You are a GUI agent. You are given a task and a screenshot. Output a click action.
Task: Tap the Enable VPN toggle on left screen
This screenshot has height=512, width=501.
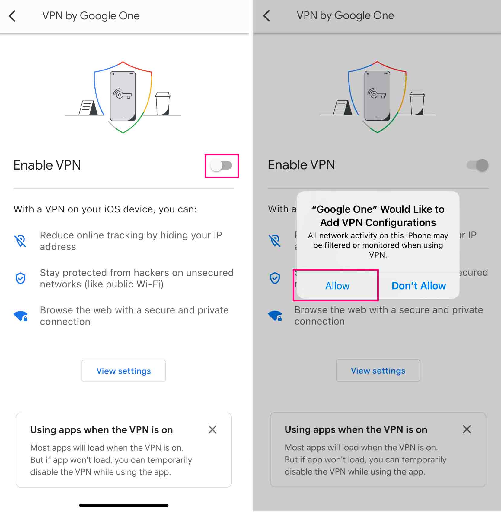[x=222, y=166]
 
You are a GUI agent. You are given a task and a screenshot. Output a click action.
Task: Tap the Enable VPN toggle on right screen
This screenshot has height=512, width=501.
[x=478, y=165]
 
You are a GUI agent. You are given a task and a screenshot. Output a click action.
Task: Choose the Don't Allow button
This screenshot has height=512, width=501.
[x=419, y=286]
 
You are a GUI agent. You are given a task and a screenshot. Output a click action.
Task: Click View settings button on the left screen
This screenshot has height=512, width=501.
[x=123, y=371]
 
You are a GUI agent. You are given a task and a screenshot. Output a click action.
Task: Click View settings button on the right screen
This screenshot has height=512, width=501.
[x=378, y=371]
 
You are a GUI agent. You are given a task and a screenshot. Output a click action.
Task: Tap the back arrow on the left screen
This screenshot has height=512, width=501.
[x=12, y=16]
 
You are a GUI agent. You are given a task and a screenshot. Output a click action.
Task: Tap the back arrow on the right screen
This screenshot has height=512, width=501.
[x=267, y=16]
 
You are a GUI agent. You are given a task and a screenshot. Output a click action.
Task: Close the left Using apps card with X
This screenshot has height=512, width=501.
[x=212, y=429]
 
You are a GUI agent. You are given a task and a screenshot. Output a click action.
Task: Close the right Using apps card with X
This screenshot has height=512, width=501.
[x=467, y=429]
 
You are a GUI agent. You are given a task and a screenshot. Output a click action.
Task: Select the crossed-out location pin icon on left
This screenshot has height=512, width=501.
[x=21, y=241]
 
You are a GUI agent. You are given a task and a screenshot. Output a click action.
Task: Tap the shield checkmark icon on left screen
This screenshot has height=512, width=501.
[x=21, y=278]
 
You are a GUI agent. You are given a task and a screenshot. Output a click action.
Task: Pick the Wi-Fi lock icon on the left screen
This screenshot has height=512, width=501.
[x=21, y=316]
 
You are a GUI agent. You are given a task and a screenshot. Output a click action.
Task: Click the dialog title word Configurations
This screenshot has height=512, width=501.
[x=400, y=223]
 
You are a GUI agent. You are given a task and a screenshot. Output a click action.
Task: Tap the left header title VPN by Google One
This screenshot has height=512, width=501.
[x=91, y=16]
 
